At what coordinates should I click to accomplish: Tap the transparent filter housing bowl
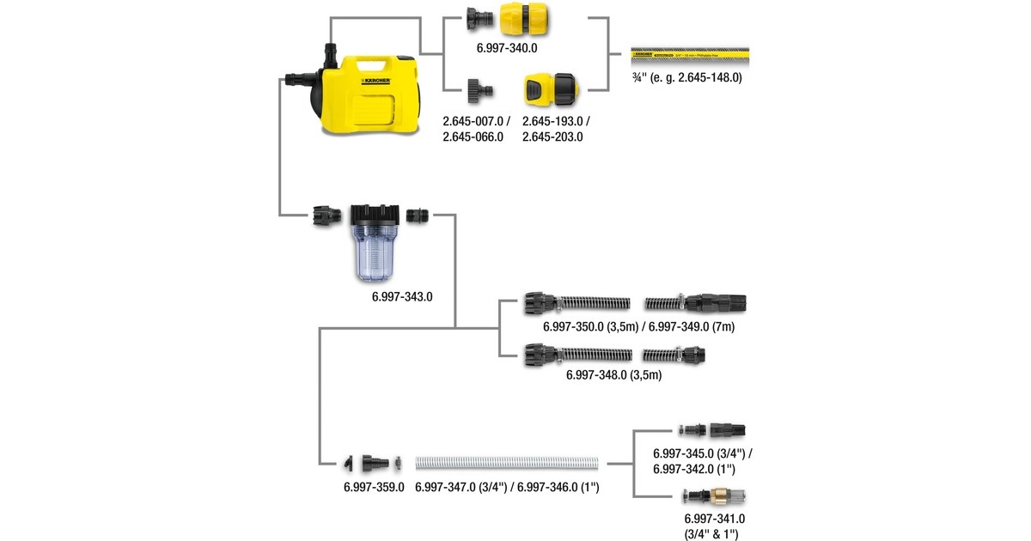click(375, 254)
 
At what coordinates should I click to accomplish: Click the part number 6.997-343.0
click(401, 297)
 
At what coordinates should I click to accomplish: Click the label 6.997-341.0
click(714, 519)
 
